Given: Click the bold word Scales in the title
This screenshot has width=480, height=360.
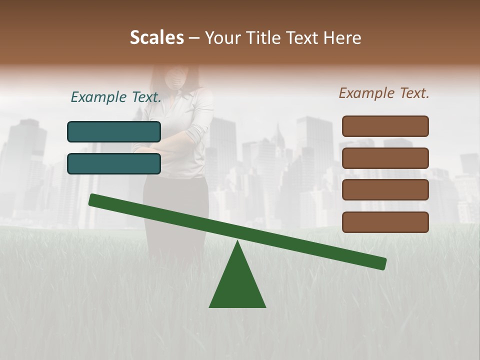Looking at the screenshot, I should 156,37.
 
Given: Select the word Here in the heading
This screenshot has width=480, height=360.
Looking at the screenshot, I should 342,37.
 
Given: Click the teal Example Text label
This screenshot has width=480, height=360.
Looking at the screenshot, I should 116,97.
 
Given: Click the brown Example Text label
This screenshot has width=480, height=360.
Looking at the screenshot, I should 384,93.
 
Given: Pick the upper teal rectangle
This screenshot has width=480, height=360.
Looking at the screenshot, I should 114,131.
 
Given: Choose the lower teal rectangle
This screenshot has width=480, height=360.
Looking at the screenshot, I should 114,163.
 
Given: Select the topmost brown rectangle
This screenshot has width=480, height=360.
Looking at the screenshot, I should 385,126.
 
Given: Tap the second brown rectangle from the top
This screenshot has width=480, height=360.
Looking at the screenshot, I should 385,158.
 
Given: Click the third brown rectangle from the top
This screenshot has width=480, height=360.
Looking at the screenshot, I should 385,190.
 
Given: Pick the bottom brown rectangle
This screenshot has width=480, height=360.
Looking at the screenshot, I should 385,222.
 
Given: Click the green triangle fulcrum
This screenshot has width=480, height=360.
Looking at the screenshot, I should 237,285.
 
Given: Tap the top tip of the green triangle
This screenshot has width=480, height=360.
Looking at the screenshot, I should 237,243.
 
